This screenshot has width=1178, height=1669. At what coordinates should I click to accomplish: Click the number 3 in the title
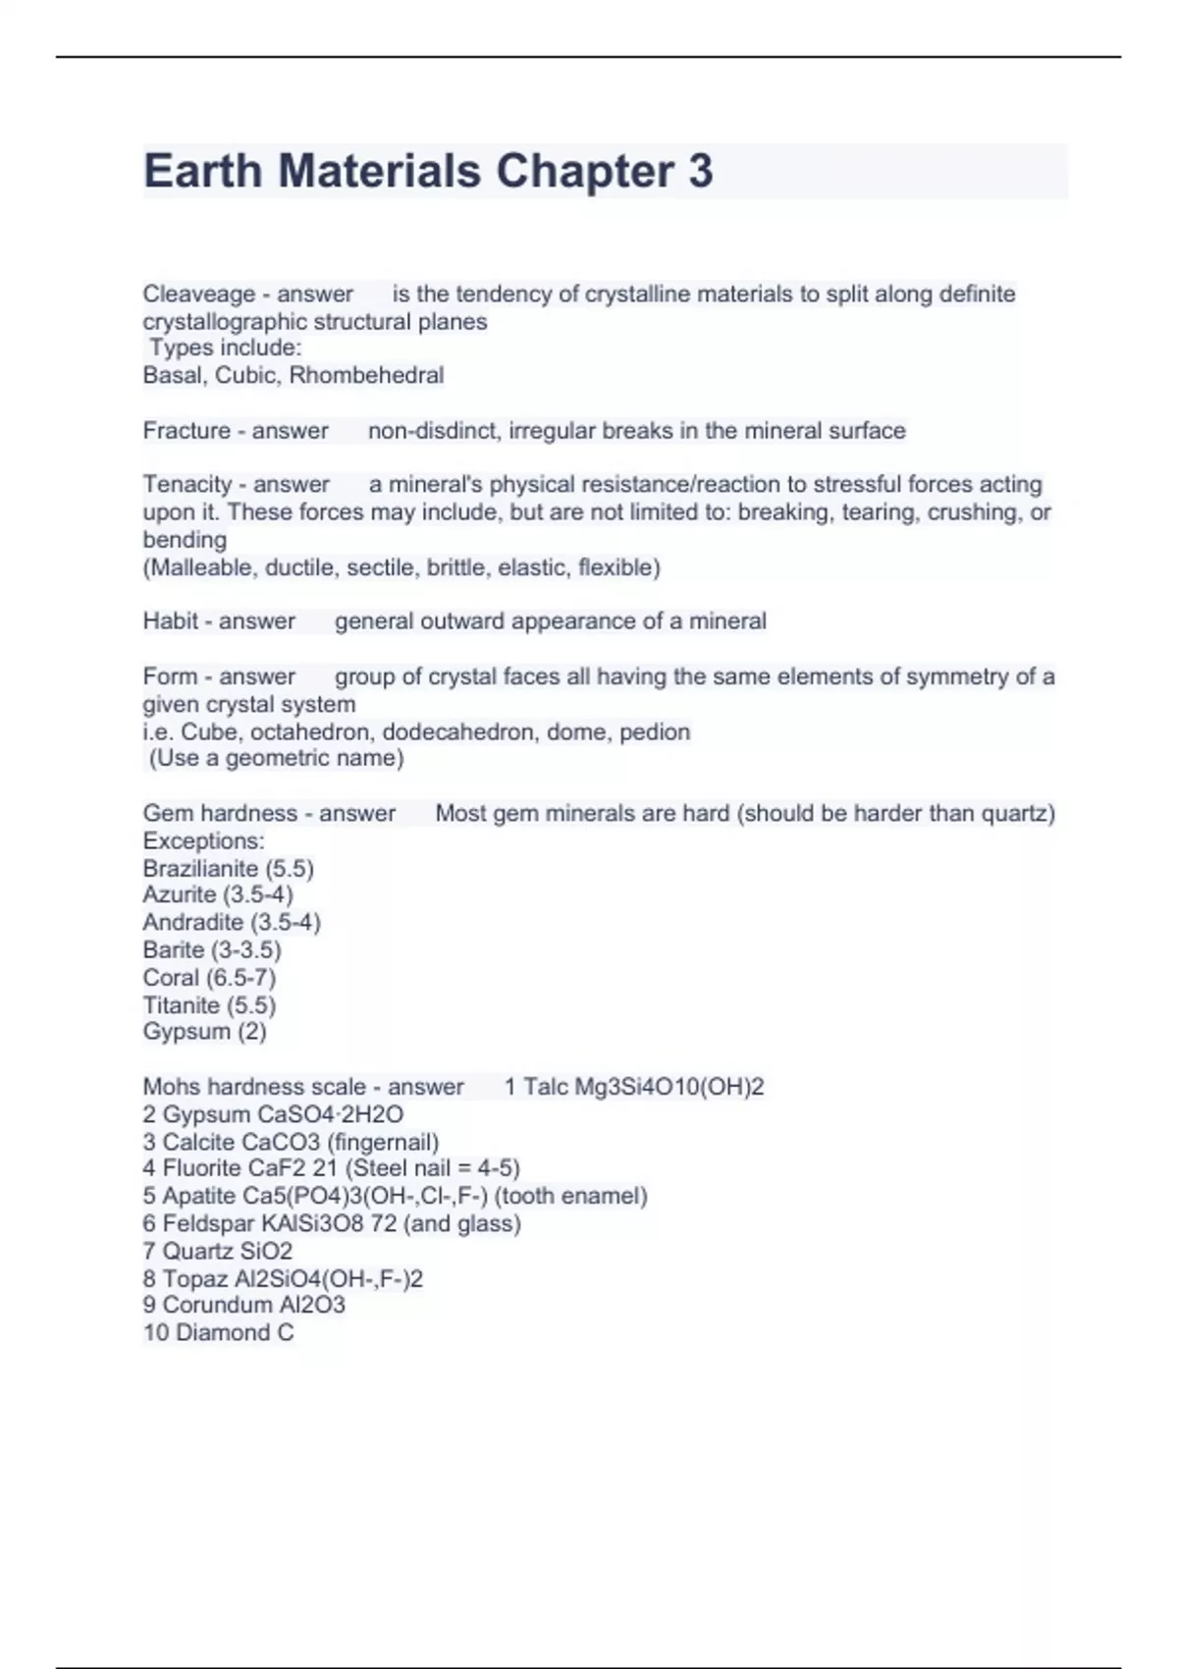pos(700,171)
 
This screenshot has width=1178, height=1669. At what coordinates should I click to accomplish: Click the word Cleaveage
pos(198,294)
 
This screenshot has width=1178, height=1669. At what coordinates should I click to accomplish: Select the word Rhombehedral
pos(366,375)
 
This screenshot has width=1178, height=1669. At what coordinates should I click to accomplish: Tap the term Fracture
pos(186,430)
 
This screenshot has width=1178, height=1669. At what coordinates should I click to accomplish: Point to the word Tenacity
pos(187,484)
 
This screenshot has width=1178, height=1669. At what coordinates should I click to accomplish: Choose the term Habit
pos(170,620)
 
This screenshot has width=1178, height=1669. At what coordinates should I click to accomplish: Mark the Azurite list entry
pos(217,894)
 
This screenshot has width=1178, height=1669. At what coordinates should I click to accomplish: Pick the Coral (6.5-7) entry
pos(209,977)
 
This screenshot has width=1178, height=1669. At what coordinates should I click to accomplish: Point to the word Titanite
pos(181,1004)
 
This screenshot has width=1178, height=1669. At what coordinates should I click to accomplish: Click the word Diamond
pos(222,1332)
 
